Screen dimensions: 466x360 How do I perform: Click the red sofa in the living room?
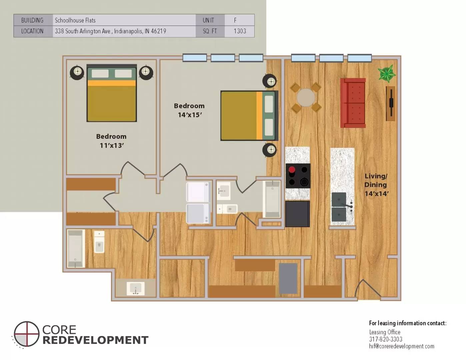[x=353, y=103]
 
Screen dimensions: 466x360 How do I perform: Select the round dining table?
[x=306, y=98]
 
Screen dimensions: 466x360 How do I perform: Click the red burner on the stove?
[x=292, y=170]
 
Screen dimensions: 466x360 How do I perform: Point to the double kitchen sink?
[x=339, y=207]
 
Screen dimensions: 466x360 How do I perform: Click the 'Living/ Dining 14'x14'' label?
[x=376, y=185]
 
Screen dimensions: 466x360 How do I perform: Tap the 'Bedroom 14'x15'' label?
[x=189, y=110]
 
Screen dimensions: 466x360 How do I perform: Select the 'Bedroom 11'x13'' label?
[x=111, y=141]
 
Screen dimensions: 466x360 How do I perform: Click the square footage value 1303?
[x=240, y=31]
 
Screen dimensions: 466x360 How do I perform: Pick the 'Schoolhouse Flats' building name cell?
[x=75, y=20]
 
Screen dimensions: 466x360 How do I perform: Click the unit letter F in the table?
[x=235, y=20]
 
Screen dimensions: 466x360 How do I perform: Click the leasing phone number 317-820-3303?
[x=386, y=339]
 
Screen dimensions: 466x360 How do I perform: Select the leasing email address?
[x=401, y=346]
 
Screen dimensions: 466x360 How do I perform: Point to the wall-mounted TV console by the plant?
[x=391, y=104]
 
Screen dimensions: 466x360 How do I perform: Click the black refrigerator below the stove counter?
[x=297, y=214]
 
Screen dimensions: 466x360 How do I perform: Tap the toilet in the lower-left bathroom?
[x=99, y=242]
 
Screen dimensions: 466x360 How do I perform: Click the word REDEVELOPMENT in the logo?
[x=95, y=340]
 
